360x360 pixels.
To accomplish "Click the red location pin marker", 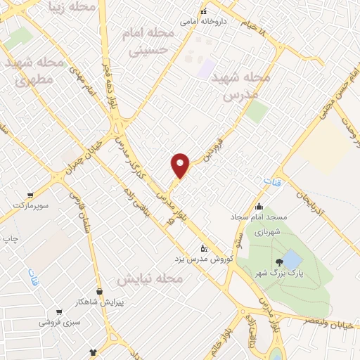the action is (x=181, y=165).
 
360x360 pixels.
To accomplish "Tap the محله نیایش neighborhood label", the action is (x=150, y=279).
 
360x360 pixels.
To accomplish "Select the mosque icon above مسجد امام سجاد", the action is (x=259, y=207).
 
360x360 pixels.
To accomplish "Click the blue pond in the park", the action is (x=291, y=259).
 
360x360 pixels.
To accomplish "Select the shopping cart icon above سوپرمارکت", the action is (x=30, y=195).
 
